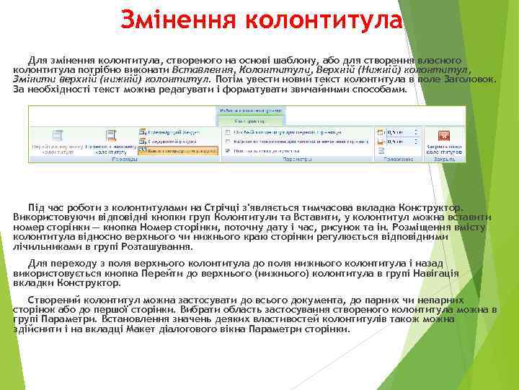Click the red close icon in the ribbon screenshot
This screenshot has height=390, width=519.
pyautogui.click(x=444, y=136)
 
